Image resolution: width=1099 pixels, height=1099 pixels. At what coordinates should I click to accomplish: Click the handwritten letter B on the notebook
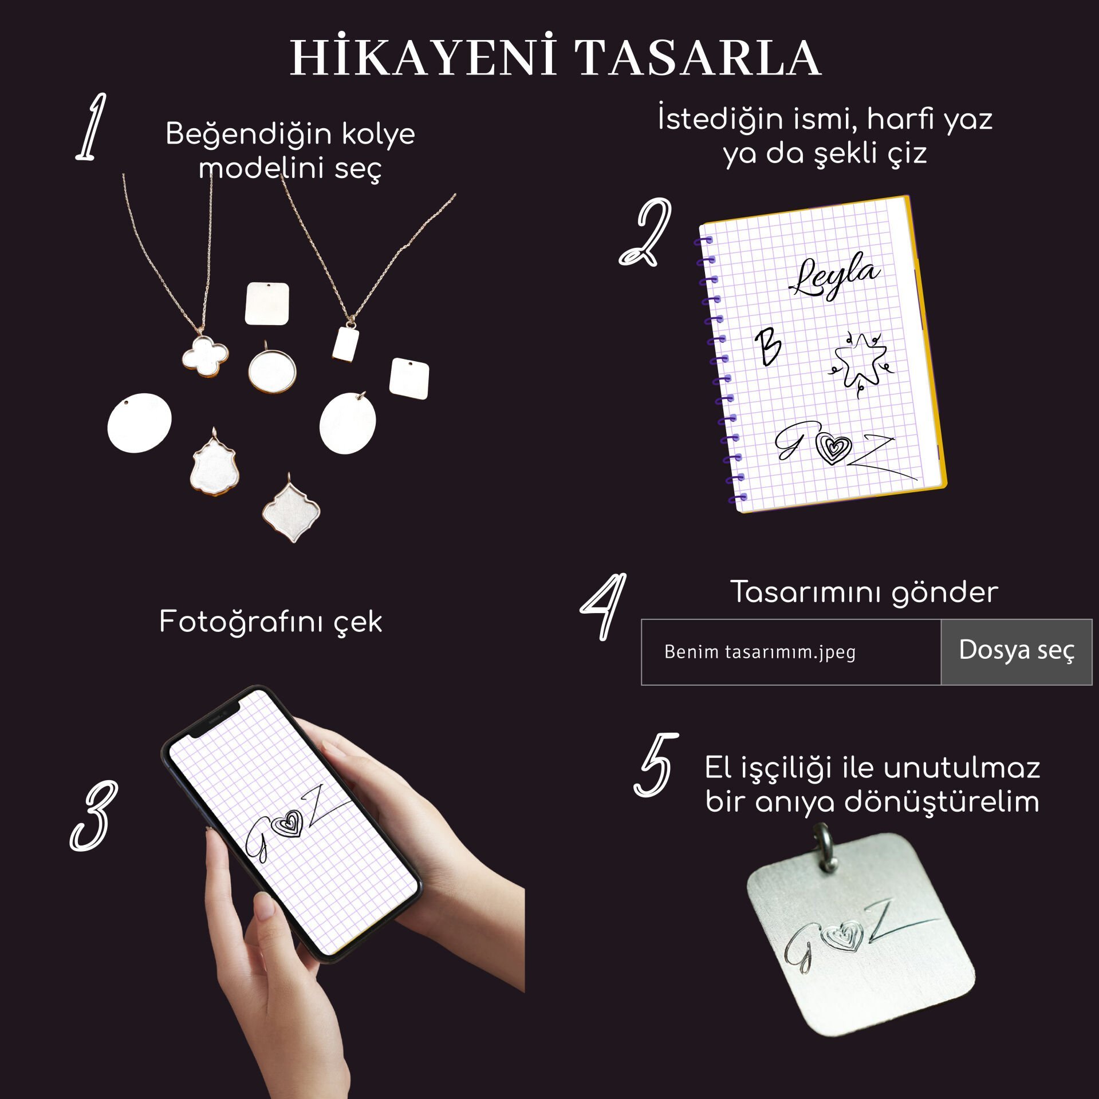tap(767, 347)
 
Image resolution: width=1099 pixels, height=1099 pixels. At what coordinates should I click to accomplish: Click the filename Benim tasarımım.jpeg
tap(760, 652)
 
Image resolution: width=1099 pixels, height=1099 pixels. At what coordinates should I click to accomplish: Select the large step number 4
tap(604, 607)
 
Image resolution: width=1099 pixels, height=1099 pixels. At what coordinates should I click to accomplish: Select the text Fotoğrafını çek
tap(270, 622)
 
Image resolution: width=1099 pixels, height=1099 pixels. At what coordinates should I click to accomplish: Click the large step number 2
tap(646, 232)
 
